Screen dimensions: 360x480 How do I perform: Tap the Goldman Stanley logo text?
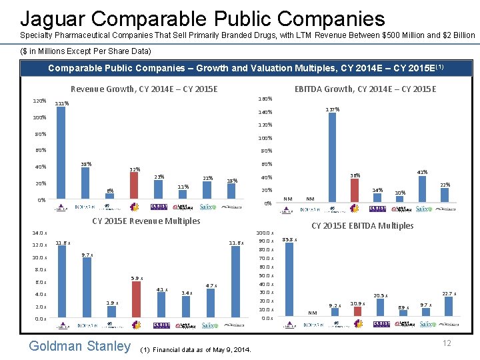(80, 345)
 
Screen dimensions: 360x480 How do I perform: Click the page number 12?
(447, 343)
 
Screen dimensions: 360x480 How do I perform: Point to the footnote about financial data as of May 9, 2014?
(197, 349)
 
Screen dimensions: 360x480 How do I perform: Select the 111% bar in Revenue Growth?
(61, 153)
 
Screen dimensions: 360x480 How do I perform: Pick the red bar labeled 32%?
(134, 187)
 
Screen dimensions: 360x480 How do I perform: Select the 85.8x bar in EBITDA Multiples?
(289, 280)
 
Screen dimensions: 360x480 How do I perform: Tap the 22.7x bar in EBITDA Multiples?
(449, 307)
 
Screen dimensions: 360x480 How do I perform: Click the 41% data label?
(421, 173)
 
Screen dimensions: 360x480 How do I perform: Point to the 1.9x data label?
(113, 303)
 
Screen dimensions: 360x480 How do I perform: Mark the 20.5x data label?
(380, 295)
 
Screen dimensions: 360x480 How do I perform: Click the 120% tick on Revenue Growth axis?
(39, 101)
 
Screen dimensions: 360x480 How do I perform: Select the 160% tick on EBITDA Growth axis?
(265, 99)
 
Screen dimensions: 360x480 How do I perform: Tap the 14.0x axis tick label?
(39, 233)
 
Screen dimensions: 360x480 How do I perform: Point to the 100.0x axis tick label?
(264, 233)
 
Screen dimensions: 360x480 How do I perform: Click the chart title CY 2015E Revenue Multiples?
(145, 221)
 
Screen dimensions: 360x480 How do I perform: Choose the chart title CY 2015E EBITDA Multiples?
(362, 225)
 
